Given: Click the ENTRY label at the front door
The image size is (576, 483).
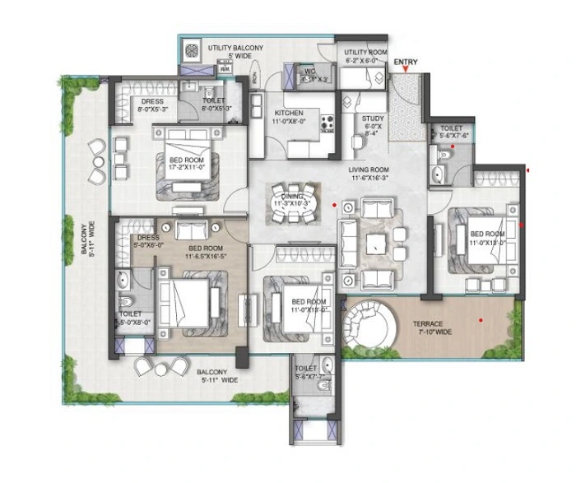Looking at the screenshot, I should pyautogui.click(x=405, y=62).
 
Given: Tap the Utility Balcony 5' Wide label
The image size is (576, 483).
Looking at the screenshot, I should pyautogui.click(x=235, y=53).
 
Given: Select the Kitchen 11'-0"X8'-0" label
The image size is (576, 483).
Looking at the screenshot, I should pyautogui.click(x=289, y=117).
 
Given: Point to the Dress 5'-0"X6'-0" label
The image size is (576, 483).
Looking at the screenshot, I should pyautogui.click(x=149, y=240).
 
